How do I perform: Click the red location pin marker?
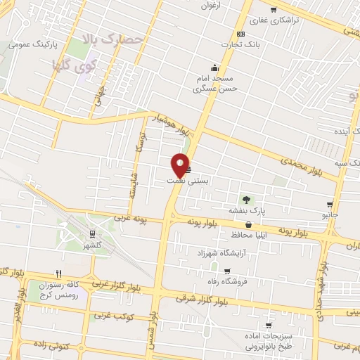pyautogui.click(x=181, y=165)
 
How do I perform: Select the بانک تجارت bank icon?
pyautogui.click(x=241, y=34)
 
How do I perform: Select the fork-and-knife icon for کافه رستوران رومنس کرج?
pyautogui.click(x=60, y=274)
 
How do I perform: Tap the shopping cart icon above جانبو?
pyautogui.click(x=330, y=204)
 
